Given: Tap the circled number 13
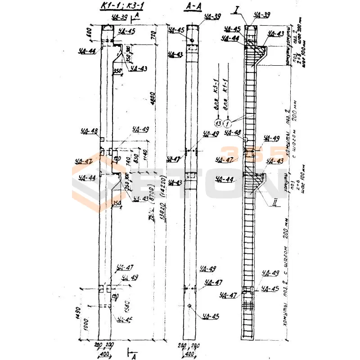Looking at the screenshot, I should [218, 123].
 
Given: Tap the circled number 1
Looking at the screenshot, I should [228, 123].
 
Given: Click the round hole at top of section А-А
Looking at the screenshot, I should [191, 40].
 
